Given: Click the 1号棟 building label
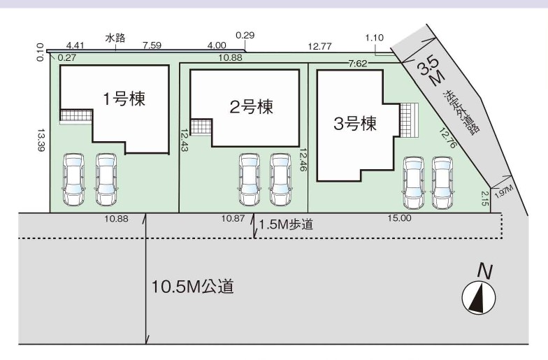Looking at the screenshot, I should (124, 99).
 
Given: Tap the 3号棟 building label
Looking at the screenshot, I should (355, 124).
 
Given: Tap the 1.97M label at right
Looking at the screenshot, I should (504, 189).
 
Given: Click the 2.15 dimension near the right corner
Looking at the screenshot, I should (485, 198).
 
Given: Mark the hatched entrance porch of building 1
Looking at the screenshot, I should (75, 116).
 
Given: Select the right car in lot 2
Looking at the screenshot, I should (281, 180).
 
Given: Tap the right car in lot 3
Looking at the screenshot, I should (442, 183).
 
